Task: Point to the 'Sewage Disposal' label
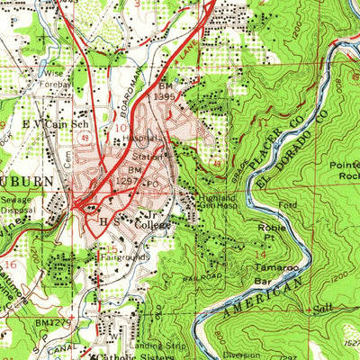click(x=19, y=210)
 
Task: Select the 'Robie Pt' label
click(x=247, y=234)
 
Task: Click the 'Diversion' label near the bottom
click(x=240, y=354)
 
